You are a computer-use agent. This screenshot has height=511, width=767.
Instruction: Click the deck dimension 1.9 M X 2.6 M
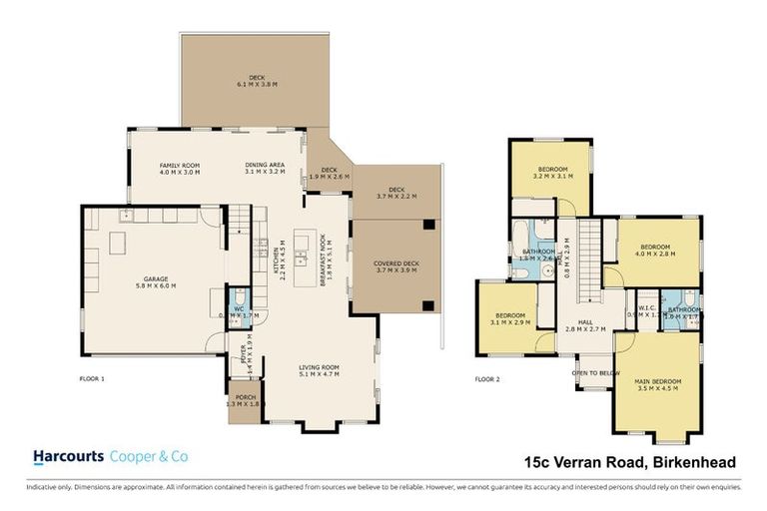pyautogui.click(x=327, y=177)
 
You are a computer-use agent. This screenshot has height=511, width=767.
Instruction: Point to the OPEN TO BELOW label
pyautogui.click(x=591, y=373)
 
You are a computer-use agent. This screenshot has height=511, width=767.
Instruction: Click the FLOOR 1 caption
pyautogui.click(x=92, y=379)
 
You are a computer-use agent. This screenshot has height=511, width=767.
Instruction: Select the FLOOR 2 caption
pyautogui.click(x=487, y=379)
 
